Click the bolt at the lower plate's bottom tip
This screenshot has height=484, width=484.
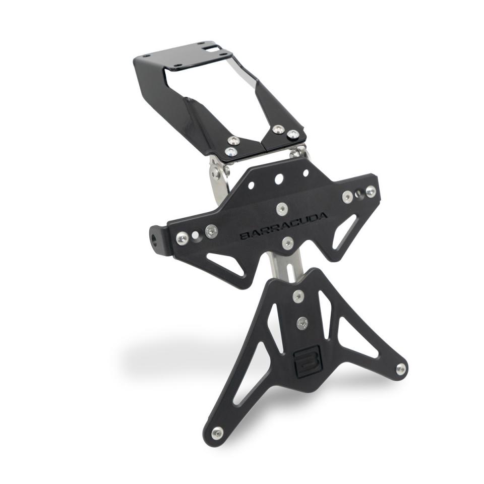pos(217,433)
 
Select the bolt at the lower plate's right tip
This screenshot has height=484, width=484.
pos(401,369)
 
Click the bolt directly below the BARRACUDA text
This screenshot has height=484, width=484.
pos(287,243)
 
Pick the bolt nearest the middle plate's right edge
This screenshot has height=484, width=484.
pos(371,191)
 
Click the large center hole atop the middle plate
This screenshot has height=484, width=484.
pos(279,179)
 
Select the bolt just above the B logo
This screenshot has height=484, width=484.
pos(302,323)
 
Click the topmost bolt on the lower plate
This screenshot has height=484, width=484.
pos(298,296)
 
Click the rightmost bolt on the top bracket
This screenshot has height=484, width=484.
pos(293,135)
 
